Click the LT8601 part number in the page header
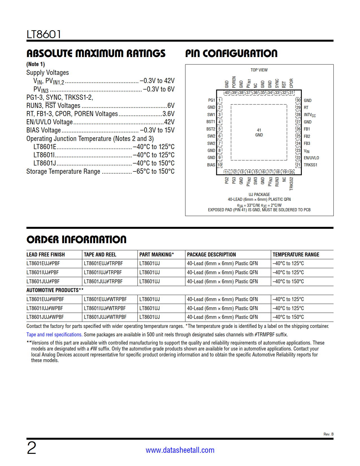pyautogui.click(x=44, y=34)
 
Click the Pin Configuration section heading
pyautogui.click(x=231, y=53)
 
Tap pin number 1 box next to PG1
pyautogui.click(x=220, y=100)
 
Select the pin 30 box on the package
pyautogui.click(x=298, y=100)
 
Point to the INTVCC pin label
pyautogui.click(x=310, y=115)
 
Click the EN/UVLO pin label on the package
pyautogui.click(x=311, y=158)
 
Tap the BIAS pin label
pyautogui.click(x=211, y=165)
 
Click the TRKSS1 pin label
pyautogui.click(x=310, y=165)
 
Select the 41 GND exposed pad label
pyautogui.click(x=259, y=132)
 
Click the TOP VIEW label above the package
pyautogui.click(x=259, y=70)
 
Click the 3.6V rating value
pyautogui.click(x=168, y=114)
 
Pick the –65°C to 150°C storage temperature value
pyautogui.click(x=154, y=171)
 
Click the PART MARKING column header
pyautogui.click(x=156, y=254)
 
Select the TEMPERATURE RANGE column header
pyautogui.click(x=296, y=254)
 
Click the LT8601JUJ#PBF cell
pyautogui.click(x=43, y=282)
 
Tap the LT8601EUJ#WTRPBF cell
pyautogui.click(x=105, y=299)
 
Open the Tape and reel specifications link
pyautogui.click(x=54, y=335)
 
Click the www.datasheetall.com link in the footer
pyautogui.click(x=180, y=450)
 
